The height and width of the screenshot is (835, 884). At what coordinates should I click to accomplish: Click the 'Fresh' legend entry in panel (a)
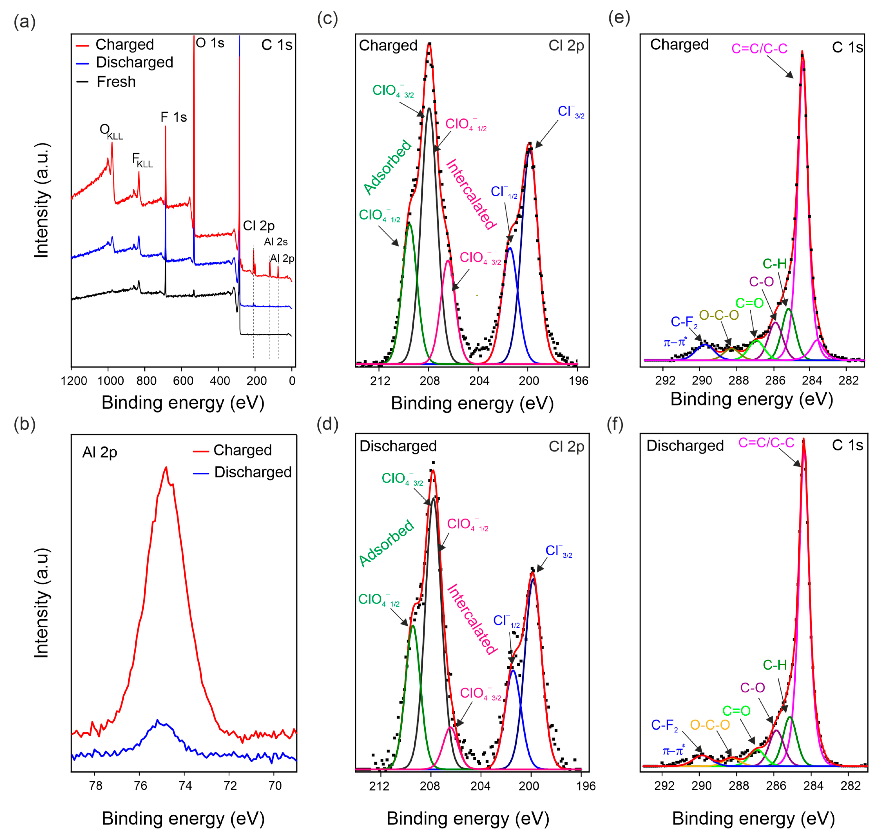(x=116, y=82)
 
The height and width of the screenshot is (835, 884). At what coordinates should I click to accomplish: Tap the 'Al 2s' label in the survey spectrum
(x=276, y=242)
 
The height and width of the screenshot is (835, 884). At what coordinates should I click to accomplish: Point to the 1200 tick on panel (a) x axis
(x=74, y=381)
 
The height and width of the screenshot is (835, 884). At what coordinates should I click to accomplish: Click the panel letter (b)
(x=24, y=424)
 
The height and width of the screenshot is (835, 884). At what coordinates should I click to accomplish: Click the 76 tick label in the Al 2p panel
(x=140, y=786)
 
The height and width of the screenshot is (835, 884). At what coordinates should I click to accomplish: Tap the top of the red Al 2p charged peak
(x=166, y=467)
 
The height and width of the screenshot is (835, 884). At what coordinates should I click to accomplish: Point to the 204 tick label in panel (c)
(x=479, y=381)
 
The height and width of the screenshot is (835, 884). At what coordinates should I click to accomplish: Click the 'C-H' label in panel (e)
(x=774, y=264)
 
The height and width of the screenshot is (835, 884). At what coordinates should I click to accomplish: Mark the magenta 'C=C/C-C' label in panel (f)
(x=766, y=442)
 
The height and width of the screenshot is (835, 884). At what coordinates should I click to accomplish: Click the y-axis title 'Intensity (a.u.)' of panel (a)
(x=41, y=200)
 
